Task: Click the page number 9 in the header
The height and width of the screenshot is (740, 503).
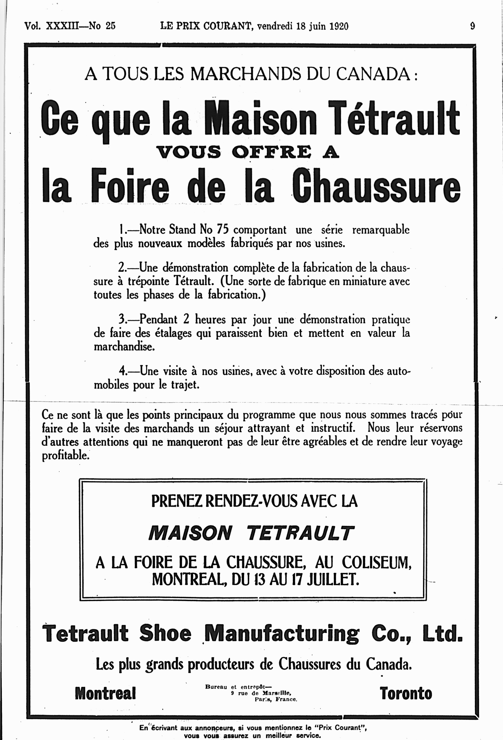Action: click(x=472, y=26)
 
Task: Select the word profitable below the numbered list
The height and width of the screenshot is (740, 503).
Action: click(x=65, y=455)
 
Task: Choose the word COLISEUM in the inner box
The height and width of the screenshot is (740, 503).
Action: click(x=376, y=563)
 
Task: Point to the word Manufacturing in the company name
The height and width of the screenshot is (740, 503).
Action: click(x=282, y=633)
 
